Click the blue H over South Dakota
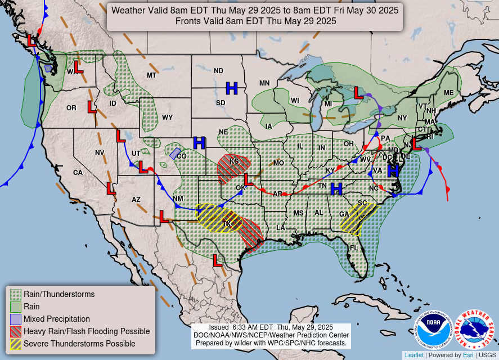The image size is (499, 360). point(232,88)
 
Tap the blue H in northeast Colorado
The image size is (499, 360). point(199,143)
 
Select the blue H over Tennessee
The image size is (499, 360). point(336,188)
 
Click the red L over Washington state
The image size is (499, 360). point(78,67)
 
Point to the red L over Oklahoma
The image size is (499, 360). point(248,180)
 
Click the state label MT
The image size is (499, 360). point(151,75)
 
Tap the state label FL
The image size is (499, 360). point(354,248)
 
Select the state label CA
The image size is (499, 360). point(78,173)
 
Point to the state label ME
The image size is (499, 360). point(448,93)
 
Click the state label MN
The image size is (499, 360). point(264,83)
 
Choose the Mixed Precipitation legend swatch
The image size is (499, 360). point(16,319)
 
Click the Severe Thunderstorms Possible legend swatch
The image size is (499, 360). point(16,344)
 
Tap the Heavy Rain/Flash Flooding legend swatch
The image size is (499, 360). point(16,331)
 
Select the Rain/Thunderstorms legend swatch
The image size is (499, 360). point(16,294)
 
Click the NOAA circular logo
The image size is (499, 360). point(434,330)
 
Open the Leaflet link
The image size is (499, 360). point(414,355)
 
